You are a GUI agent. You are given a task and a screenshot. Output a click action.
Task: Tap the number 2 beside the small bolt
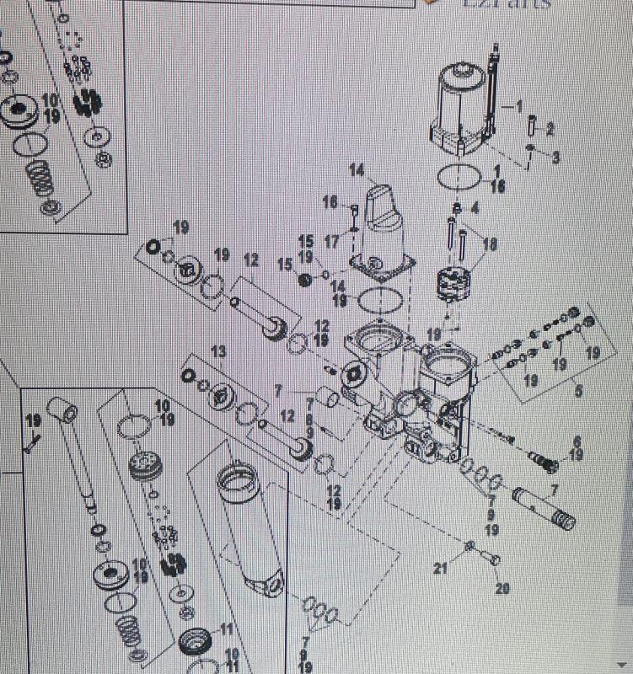(x=550, y=130)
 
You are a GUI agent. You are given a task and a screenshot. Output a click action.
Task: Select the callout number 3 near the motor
(x=555, y=158)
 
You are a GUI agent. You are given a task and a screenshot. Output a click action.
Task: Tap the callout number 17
(x=331, y=242)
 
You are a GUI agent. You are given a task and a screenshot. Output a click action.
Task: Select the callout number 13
(x=218, y=350)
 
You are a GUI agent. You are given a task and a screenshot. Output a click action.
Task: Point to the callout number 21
(x=440, y=569)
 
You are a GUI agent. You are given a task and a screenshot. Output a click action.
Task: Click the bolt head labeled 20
(x=493, y=559)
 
